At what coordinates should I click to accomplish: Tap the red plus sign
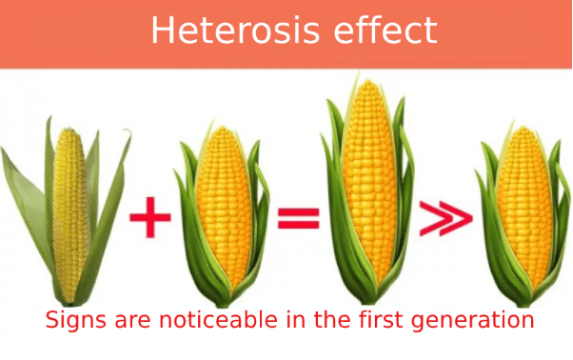coord(149,218)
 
